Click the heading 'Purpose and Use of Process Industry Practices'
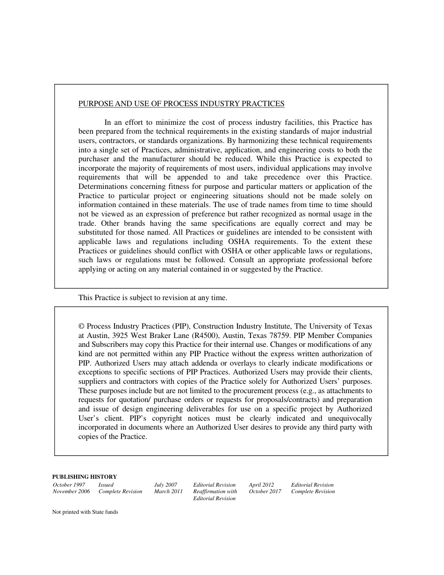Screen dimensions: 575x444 click(181, 104)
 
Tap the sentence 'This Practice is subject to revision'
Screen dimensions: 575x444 click(152, 298)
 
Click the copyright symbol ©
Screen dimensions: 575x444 click(81, 326)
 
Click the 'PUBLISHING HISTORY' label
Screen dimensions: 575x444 click(85, 477)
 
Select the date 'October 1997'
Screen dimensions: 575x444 click(69, 485)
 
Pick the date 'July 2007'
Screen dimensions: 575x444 click(165, 485)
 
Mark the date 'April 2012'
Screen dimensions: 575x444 click(261, 485)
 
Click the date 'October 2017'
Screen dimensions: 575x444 click(265, 492)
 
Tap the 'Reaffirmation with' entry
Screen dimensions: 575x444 click(215, 492)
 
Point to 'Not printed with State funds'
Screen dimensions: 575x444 click(85, 512)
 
